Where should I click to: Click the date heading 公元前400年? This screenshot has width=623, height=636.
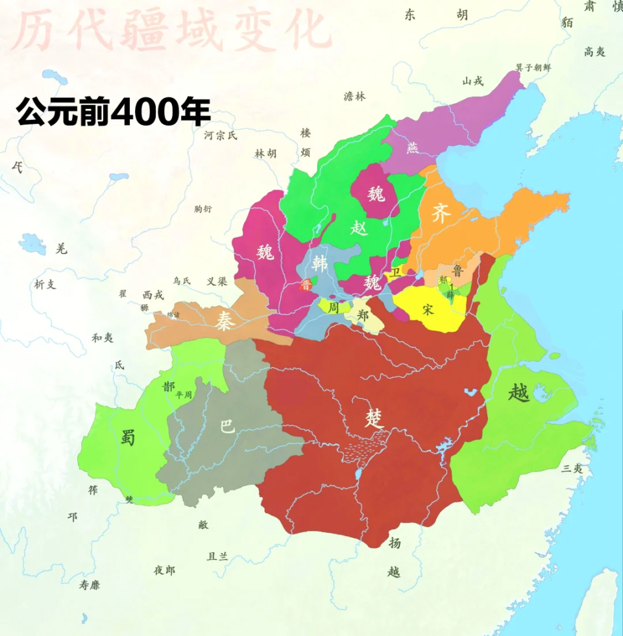[114, 112]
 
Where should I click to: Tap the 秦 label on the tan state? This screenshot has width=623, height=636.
[224, 322]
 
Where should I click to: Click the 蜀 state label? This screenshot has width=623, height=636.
[128, 437]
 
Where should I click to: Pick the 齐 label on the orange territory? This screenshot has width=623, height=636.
[441, 215]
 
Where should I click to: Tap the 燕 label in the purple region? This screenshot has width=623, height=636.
[413, 148]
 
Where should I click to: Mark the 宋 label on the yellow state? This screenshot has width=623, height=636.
[427, 309]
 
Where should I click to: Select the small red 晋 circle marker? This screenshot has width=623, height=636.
[306, 285]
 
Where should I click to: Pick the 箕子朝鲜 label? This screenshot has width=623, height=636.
[533, 67]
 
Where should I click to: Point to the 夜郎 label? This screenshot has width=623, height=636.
[164, 570]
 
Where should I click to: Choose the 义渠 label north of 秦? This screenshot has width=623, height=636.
[216, 282]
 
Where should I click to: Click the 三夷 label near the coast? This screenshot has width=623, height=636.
[574, 467]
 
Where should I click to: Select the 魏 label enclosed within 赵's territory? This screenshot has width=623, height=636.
[376, 193]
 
